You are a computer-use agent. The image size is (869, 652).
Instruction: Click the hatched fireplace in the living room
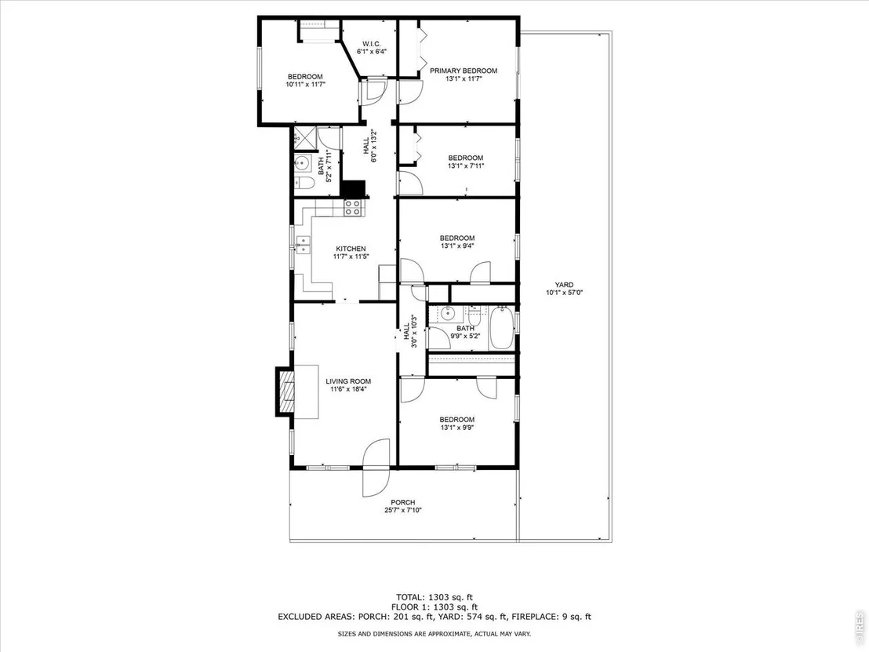click(287, 391)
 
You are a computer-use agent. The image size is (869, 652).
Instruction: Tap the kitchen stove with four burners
click(353, 207)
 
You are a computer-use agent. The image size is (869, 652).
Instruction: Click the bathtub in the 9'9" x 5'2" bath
click(502, 327)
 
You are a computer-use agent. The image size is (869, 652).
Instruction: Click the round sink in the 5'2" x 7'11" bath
click(302, 163)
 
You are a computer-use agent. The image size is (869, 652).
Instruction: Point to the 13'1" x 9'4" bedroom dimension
click(457, 246)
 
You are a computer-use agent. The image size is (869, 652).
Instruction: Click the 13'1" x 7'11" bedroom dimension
click(466, 166)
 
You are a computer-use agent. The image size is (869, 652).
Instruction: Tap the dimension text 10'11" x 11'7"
click(305, 85)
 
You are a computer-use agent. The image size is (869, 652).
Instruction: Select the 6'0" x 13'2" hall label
click(369, 146)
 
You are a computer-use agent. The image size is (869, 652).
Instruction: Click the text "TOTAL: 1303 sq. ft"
click(434, 597)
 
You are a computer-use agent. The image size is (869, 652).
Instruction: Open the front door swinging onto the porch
click(376, 468)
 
